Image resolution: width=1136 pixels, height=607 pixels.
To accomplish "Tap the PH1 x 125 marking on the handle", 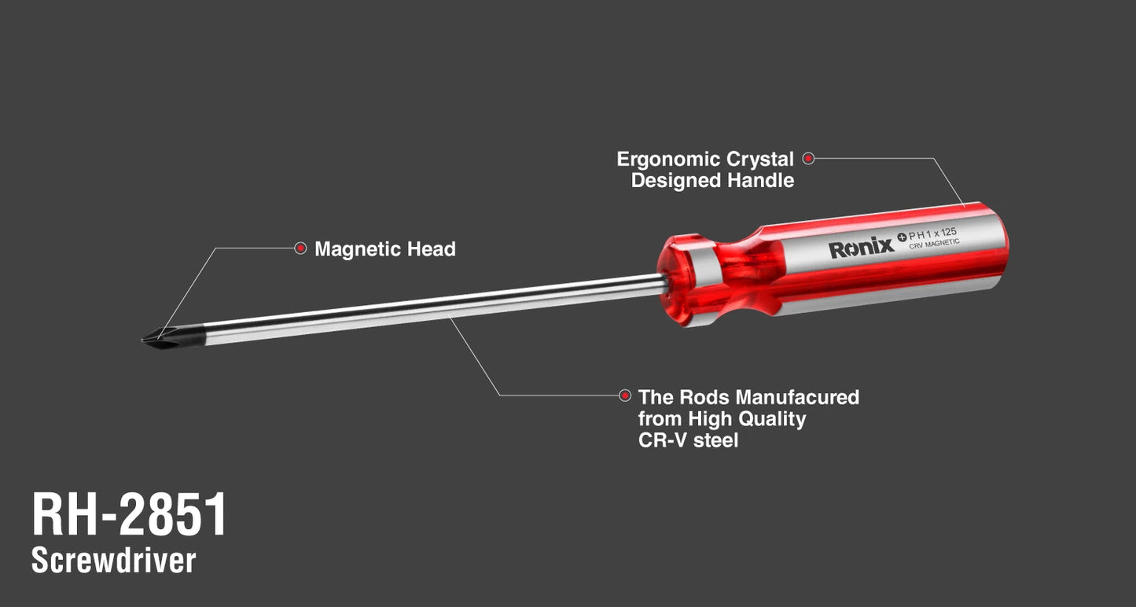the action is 932,234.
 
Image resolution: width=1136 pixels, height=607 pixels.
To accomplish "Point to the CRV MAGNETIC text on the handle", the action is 934,244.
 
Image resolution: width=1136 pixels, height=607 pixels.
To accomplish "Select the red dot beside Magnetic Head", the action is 301,248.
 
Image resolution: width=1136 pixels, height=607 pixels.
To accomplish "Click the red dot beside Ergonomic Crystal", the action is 808,158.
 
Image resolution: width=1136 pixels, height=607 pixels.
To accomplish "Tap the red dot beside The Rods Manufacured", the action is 625,395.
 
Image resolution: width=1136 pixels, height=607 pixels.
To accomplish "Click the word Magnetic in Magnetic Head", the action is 356,249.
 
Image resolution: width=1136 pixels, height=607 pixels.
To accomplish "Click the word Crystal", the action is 759,160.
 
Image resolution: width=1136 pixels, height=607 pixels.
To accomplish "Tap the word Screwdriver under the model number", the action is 113,561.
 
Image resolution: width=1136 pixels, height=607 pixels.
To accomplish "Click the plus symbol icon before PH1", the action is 902,237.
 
